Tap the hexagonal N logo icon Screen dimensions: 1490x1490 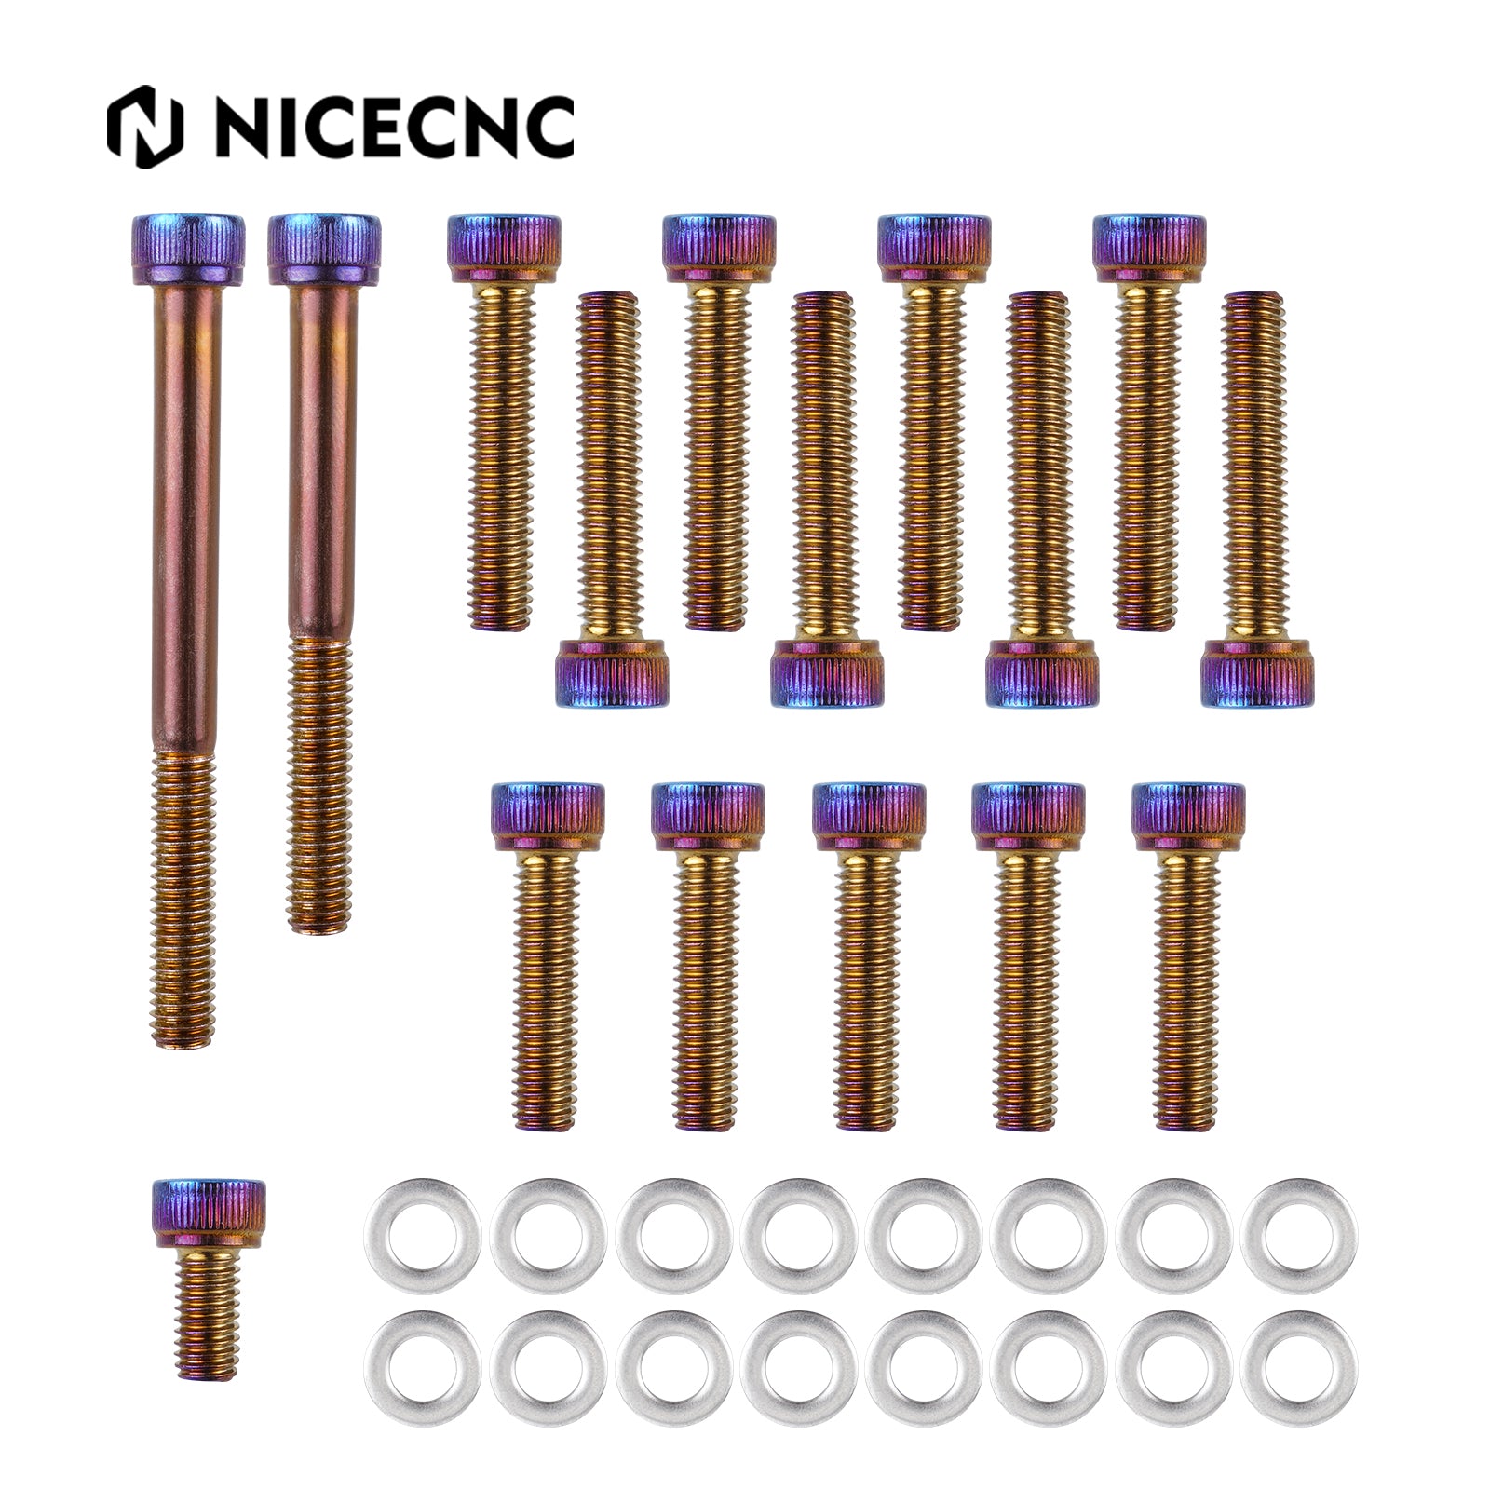click(x=144, y=128)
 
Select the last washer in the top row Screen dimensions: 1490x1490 click(x=1298, y=1235)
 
